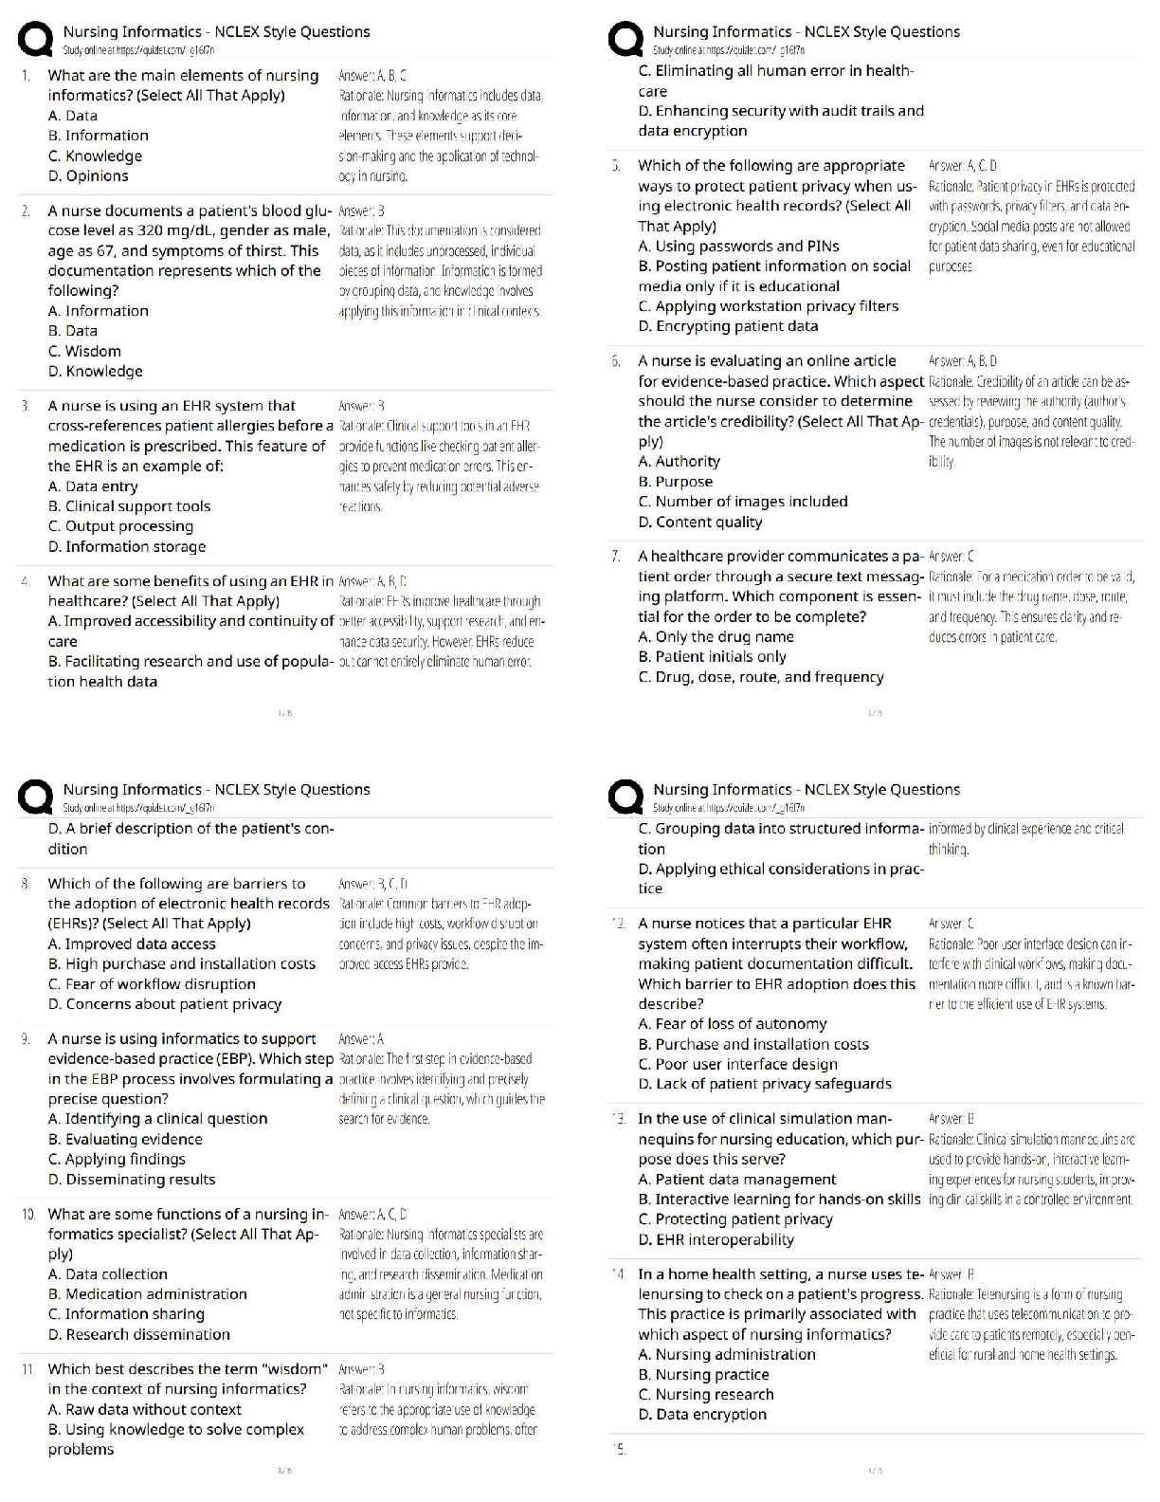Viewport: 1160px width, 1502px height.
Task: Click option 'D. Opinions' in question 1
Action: pyautogui.click(x=88, y=176)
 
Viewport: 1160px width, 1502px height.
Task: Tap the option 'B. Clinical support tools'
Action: pyautogui.click(x=129, y=506)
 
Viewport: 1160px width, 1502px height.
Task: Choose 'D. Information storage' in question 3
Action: pyautogui.click(x=127, y=547)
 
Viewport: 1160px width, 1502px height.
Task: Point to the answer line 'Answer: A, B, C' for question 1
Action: pyautogui.click(x=372, y=76)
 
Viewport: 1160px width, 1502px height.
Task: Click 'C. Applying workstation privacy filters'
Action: pyautogui.click(x=768, y=306)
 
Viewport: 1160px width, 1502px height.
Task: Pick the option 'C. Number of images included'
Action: pyautogui.click(x=743, y=502)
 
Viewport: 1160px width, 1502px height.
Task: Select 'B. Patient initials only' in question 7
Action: pyautogui.click(x=712, y=657)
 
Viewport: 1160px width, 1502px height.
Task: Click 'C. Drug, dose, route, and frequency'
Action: pyautogui.click(x=760, y=677)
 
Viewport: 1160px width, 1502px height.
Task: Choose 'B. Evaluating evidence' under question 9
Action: pyautogui.click(x=125, y=1140)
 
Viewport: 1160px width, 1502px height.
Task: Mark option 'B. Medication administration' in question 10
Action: pyautogui.click(x=147, y=1294)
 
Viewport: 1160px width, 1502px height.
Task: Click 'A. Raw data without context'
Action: pyautogui.click(x=144, y=1410)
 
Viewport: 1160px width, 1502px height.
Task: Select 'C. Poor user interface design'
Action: pyautogui.click(x=737, y=1065)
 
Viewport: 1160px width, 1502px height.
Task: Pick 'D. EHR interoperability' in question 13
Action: pyautogui.click(x=716, y=1240)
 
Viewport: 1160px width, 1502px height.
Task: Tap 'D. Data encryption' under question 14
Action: pyautogui.click(x=702, y=1415)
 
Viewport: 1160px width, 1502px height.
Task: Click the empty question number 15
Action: pyautogui.click(x=619, y=1450)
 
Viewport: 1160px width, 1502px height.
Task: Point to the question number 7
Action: pyautogui.click(x=617, y=557)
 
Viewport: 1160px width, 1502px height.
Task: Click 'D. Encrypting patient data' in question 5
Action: pyautogui.click(x=728, y=326)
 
